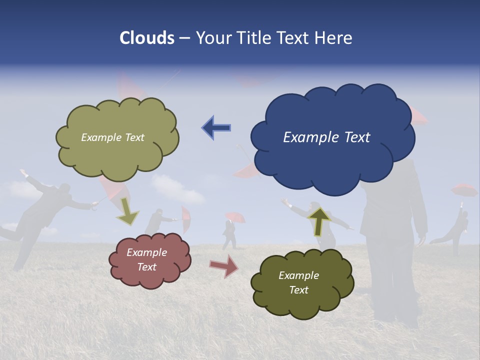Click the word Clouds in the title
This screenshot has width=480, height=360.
tap(147, 38)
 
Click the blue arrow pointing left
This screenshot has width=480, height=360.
tap(216, 127)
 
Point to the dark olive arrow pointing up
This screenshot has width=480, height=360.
tap(319, 220)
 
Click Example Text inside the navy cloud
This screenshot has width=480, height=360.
tap(326, 137)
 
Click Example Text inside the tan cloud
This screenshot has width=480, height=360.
tap(112, 137)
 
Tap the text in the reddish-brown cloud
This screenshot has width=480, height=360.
tap(146, 259)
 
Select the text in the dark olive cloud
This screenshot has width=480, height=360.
tap(298, 282)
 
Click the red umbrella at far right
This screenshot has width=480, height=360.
tap(464, 190)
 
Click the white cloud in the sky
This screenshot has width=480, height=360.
tap(177, 189)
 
